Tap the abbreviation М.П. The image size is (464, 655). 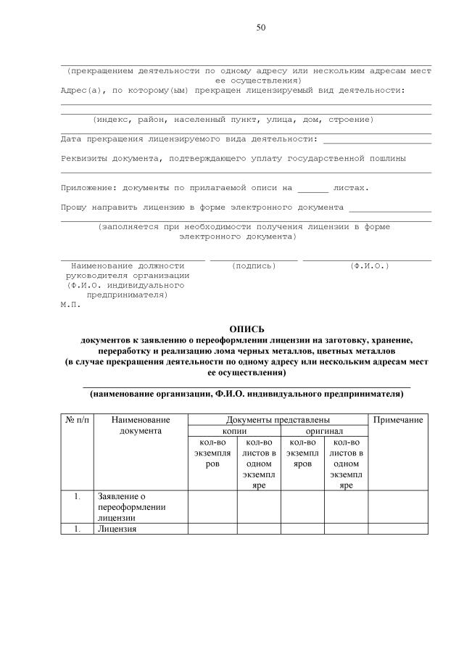coord(70,305)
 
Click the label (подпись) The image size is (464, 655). coord(254,266)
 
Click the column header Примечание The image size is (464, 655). coord(398,420)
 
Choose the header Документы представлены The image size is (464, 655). coord(278,420)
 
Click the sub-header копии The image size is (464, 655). coord(234,431)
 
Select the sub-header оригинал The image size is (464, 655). coord(324,431)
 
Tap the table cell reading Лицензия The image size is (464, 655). coord(117,529)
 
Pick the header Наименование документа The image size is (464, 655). coord(141,425)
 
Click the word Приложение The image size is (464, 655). coord(86,188)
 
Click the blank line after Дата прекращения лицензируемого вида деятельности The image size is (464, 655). coord(377,139)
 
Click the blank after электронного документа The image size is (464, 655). coord(389,207)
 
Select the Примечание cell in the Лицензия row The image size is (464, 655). coord(398,529)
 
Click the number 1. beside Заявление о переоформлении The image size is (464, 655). coord(77,497)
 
